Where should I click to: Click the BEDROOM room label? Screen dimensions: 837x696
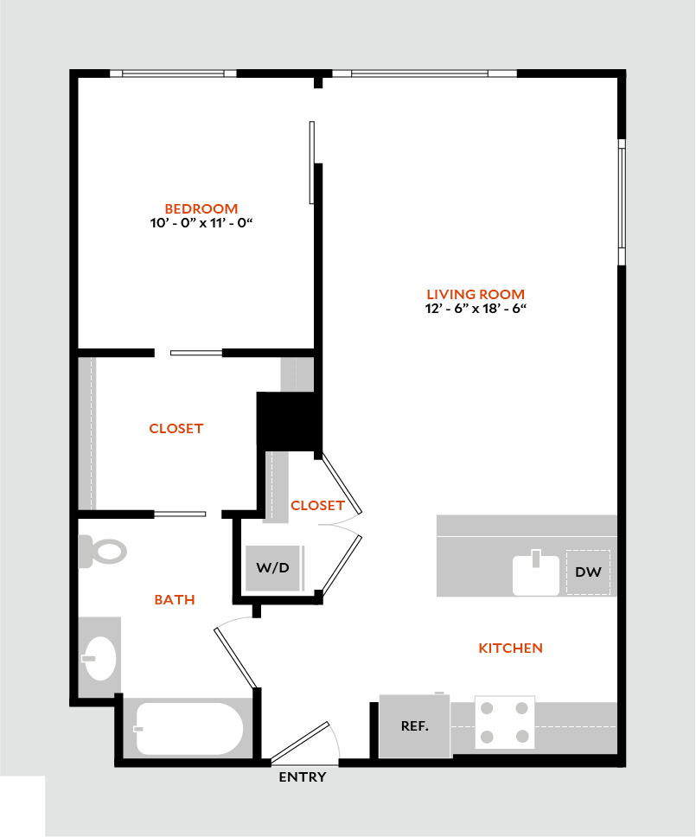point(201,208)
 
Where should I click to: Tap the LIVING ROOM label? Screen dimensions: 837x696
point(476,294)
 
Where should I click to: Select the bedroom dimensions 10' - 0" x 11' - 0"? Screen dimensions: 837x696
point(201,222)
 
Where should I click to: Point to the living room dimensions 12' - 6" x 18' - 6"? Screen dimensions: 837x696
point(476,309)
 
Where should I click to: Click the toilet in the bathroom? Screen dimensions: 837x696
point(103,551)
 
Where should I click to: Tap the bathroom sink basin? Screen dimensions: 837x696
point(100,659)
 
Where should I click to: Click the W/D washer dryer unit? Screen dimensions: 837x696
point(274,568)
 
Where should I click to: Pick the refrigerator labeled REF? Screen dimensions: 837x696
point(415,726)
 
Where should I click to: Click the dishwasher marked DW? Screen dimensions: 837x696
point(588,572)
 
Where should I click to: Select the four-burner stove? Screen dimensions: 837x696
point(505,722)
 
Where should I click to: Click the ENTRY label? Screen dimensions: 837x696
point(303,777)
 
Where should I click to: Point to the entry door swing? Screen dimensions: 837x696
point(303,742)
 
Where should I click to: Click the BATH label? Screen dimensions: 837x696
point(175,599)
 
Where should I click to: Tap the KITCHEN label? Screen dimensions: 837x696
point(510,648)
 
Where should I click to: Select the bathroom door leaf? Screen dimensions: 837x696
point(236,657)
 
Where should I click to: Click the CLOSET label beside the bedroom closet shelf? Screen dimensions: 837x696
point(176,428)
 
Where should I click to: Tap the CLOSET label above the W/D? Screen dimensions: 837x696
point(317,505)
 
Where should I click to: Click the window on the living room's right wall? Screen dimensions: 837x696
point(621,201)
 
